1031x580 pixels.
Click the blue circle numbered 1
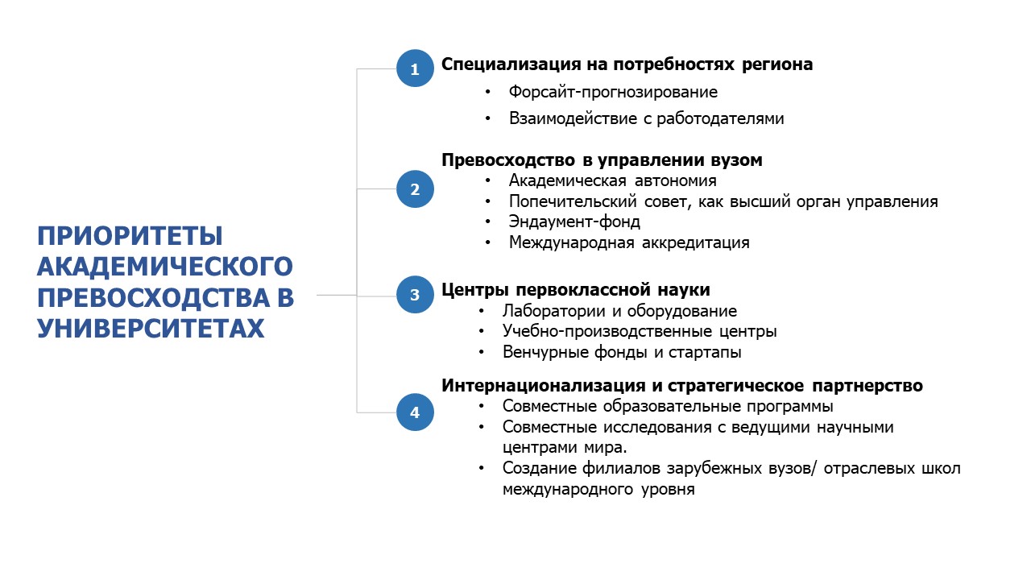(415, 68)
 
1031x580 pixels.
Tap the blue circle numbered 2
(415, 188)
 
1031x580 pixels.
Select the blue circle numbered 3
(415, 295)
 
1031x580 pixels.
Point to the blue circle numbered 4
(415, 412)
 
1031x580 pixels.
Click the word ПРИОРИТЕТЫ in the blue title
(130, 236)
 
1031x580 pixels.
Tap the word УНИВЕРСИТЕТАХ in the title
(151, 328)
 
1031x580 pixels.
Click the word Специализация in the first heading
(511, 64)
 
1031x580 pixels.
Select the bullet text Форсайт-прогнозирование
(613, 92)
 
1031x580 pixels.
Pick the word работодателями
(720, 118)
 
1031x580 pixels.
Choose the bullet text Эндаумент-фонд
(574, 222)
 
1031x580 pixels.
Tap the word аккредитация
(695, 242)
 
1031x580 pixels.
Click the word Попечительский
(573, 201)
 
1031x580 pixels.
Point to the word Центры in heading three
(475, 290)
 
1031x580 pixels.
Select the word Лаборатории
(553, 311)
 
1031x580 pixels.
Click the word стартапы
(705, 353)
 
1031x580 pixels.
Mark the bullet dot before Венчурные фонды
(482, 353)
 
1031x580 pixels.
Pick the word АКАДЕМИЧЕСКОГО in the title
(165, 267)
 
